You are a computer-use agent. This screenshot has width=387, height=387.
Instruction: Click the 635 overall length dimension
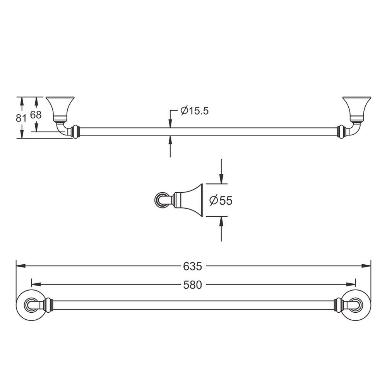coord(192,266)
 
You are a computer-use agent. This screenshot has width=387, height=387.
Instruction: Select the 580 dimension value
coord(192,285)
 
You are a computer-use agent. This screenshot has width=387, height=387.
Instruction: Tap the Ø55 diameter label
coord(221,200)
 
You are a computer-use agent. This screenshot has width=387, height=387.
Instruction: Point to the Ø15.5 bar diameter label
coord(195,111)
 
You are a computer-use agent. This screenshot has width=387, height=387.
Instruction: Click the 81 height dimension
coord(21,118)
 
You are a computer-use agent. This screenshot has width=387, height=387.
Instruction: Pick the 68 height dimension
coord(36,115)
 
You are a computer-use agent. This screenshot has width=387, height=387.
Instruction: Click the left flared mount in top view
coord(60,110)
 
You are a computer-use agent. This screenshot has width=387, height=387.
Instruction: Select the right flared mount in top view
coord(357,110)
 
